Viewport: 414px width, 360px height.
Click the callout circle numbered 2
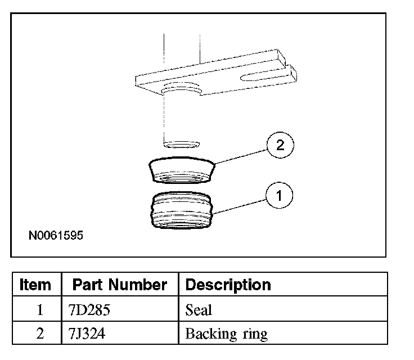280,146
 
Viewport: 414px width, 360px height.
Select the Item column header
35,285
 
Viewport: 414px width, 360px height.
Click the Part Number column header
119,285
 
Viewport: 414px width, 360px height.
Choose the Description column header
228,285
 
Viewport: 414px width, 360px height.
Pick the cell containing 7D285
85,309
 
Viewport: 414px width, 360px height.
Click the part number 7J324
84,334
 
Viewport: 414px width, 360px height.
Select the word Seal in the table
199,309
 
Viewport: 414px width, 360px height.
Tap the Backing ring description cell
226,334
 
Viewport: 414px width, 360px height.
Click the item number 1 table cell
39,309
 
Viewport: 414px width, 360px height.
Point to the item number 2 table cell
39,334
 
